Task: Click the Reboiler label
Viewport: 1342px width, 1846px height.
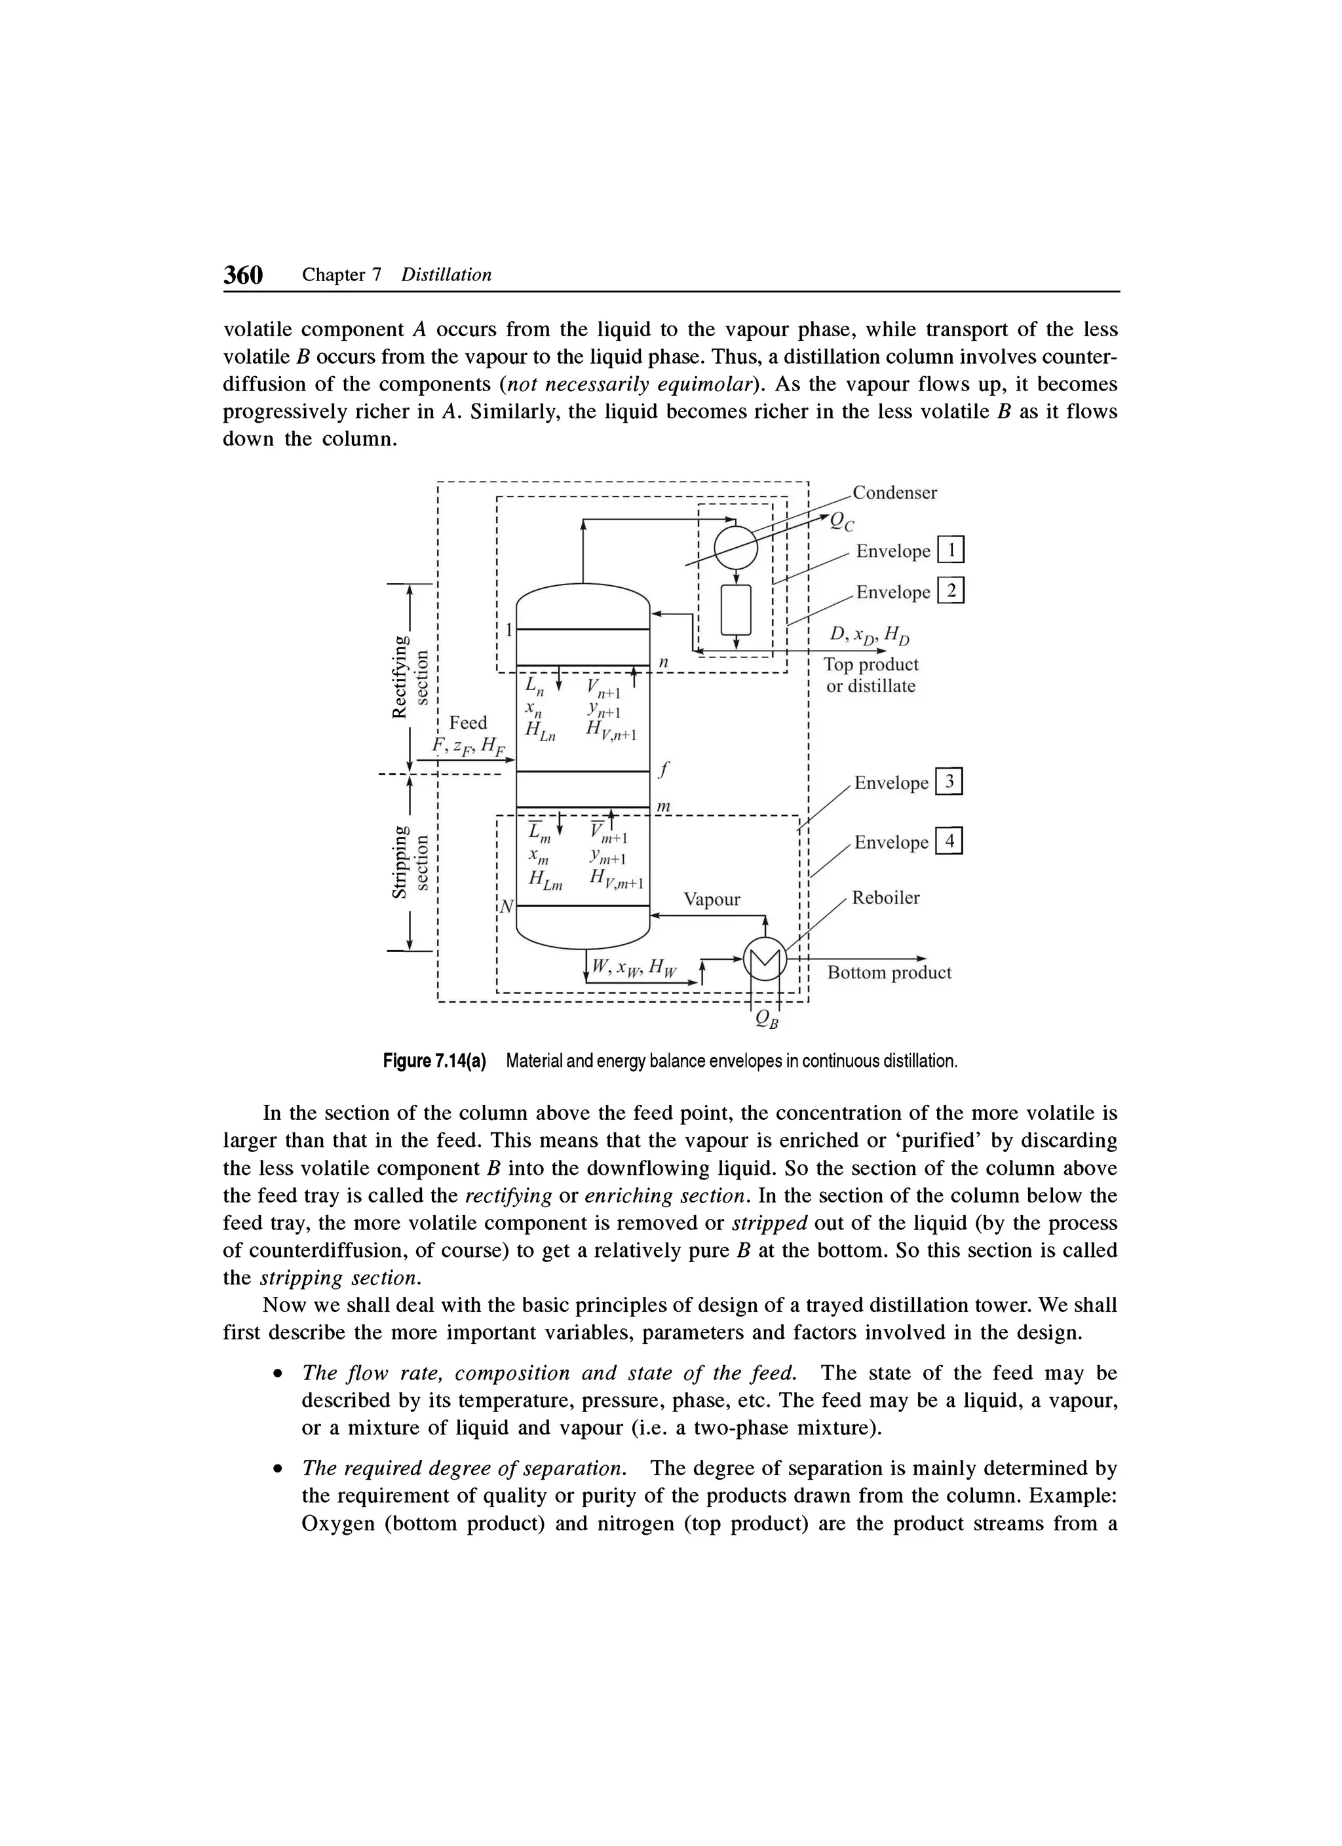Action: tap(885, 898)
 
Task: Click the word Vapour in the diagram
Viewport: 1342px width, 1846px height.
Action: tap(712, 899)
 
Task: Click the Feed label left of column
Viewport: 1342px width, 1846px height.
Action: tap(468, 723)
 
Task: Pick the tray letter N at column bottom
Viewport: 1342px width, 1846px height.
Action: tap(507, 905)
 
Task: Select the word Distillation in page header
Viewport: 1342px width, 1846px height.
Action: tap(446, 275)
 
